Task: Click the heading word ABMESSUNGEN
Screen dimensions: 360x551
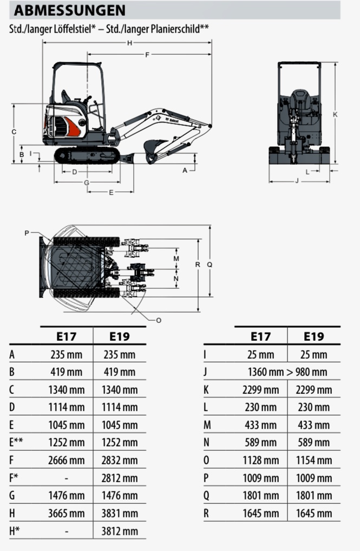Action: [69, 10]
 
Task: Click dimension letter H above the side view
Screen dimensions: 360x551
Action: [129, 43]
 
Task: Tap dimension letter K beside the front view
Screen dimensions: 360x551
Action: [335, 114]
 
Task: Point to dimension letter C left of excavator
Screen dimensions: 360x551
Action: [14, 132]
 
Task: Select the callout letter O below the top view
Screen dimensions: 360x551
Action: [159, 320]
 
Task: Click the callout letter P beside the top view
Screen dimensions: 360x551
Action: [27, 232]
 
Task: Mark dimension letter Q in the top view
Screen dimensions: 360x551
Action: [210, 264]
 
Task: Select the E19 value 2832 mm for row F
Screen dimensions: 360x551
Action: [120, 460]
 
